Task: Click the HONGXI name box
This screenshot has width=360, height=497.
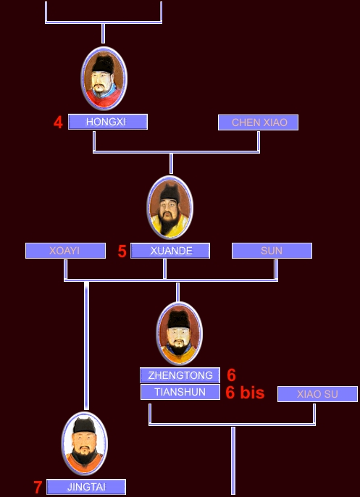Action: (108, 122)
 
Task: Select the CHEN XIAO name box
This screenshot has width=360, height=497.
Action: (258, 122)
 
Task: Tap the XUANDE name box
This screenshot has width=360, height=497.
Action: (170, 251)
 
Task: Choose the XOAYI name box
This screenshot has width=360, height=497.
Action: (65, 251)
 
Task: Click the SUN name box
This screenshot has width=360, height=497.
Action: (272, 251)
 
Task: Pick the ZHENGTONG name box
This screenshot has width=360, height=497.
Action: (180, 375)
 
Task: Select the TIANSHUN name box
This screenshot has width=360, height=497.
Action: (180, 392)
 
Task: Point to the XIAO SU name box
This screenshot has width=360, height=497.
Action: (317, 394)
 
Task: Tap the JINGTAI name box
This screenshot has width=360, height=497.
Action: (86, 487)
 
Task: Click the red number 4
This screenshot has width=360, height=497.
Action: (58, 122)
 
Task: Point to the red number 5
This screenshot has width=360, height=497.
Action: (122, 251)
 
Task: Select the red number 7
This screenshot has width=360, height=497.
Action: (38, 488)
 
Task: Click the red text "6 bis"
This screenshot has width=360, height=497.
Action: (245, 393)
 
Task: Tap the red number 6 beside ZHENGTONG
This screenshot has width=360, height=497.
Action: (231, 375)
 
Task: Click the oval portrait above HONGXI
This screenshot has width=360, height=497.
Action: (104, 78)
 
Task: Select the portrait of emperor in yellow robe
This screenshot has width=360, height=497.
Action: (169, 207)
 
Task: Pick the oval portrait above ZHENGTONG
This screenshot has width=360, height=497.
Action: (179, 333)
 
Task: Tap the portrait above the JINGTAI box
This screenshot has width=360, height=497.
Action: (85, 443)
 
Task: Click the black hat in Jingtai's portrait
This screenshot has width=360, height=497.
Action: (84, 425)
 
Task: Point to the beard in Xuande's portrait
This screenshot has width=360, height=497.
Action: (169, 223)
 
